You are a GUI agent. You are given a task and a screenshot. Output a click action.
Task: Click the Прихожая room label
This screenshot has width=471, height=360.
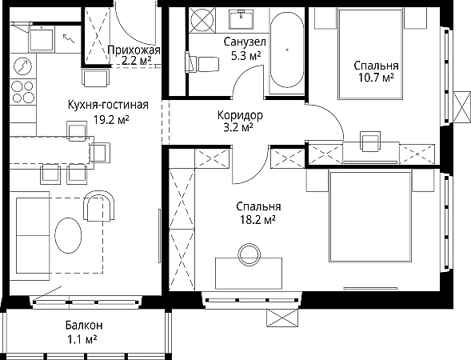(x=134, y=50)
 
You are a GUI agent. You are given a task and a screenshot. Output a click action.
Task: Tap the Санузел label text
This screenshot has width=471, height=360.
(x=245, y=42)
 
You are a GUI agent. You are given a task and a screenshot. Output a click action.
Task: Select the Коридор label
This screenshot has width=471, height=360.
(x=240, y=115)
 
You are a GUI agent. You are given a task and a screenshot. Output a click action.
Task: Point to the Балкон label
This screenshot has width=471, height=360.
(x=84, y=325)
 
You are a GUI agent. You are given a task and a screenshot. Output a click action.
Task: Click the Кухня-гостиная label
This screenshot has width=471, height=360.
(x=108, y=105)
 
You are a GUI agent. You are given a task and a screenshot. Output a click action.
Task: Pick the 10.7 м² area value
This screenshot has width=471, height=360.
(x=376, y=78)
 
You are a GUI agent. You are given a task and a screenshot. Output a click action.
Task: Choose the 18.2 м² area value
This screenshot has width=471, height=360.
(x=257, y=220)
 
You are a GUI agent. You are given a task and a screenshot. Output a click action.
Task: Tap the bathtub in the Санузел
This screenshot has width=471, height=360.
(x=287, y=50)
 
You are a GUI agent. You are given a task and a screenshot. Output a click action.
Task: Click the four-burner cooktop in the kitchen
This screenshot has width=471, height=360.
(x=22, y=92)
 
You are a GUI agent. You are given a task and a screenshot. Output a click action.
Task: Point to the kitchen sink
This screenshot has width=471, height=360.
(x=41, y=39)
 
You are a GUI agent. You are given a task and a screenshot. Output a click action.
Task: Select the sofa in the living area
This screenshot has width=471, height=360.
(x=30, y=236)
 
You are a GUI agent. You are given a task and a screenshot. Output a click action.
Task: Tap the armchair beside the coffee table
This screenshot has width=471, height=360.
(x=99, y=206)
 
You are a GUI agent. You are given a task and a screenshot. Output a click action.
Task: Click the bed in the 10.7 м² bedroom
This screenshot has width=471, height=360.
(x=370, y=54)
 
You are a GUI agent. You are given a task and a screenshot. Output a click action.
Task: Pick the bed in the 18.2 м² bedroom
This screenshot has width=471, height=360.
(x=370, y=216)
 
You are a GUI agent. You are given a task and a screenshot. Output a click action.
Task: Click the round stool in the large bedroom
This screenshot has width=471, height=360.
(x=249, y=253)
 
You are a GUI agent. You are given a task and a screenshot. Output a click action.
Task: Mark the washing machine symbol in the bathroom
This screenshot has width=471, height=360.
(x=202, y=20)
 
